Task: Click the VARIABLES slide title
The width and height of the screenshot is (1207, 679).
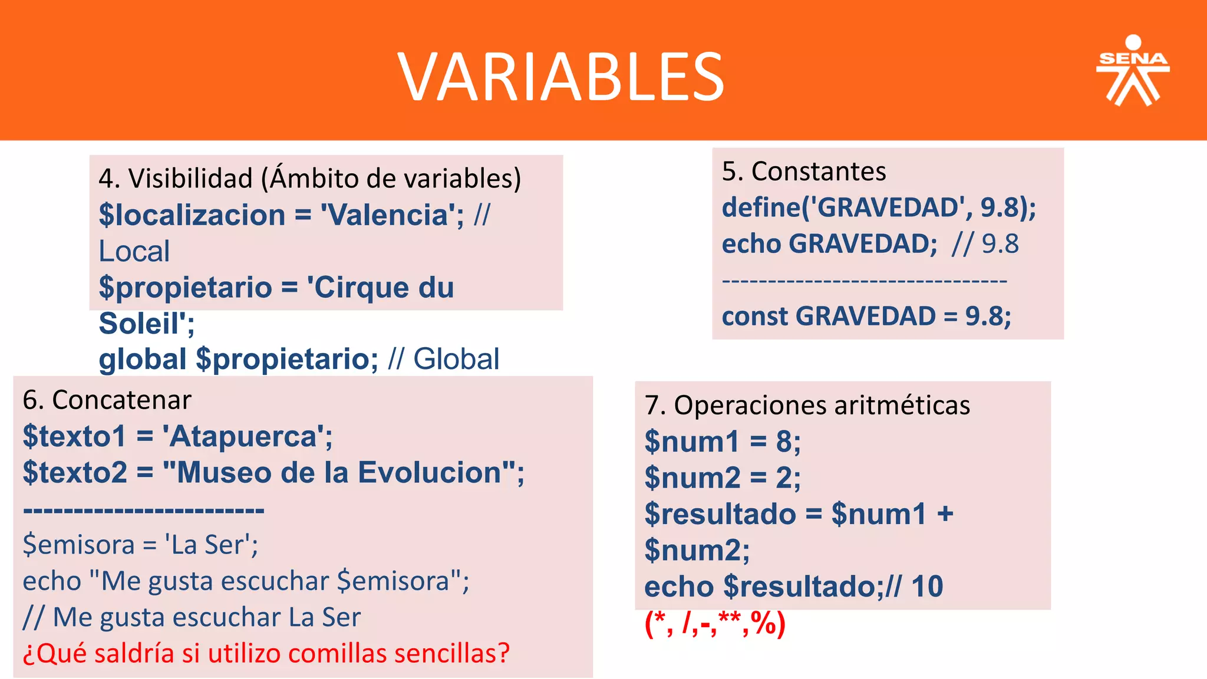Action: pos(560,77)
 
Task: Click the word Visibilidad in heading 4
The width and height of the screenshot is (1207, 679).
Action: pos(190,179)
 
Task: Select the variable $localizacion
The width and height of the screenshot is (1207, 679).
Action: pos(192,215)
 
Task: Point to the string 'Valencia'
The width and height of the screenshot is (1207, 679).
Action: pos(389,215)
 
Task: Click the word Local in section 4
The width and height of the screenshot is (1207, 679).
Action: pos(134,252)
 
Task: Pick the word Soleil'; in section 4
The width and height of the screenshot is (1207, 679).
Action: pos(147,324)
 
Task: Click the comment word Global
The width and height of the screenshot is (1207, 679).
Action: pos(456,359)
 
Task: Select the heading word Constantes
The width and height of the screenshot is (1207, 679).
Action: pos(819,172)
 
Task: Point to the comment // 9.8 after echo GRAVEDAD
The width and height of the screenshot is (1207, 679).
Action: pos(985,244)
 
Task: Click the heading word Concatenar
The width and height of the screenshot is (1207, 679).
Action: pos(121,400)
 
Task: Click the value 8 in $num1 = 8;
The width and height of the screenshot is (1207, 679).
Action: pos(784,441)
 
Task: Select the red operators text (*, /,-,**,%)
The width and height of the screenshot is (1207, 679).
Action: pos(715,624)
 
